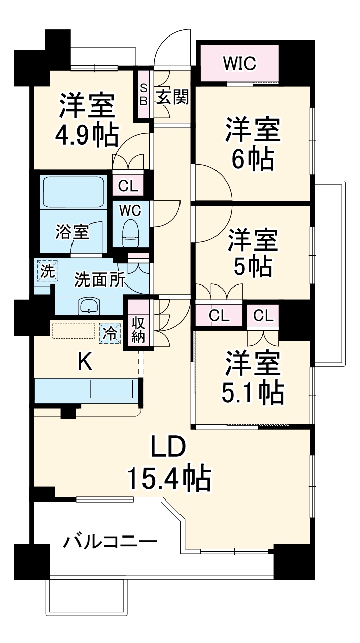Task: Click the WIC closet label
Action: point(239,64)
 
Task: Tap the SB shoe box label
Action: point(143,94)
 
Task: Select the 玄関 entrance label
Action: point(172,96)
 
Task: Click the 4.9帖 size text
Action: point(87,134)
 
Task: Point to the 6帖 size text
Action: point(253,158)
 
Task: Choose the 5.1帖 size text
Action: point(253,392)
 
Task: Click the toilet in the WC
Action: point(131,233)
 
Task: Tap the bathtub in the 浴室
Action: point(73,192)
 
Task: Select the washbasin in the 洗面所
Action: point(89,306)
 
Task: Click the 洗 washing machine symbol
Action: point(47,271)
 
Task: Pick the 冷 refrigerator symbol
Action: point(110,333)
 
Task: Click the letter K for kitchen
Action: point(85,362)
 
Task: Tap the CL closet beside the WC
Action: point(128,186)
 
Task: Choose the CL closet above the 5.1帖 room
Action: point(263,316)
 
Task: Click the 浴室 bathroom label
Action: point(72,232)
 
